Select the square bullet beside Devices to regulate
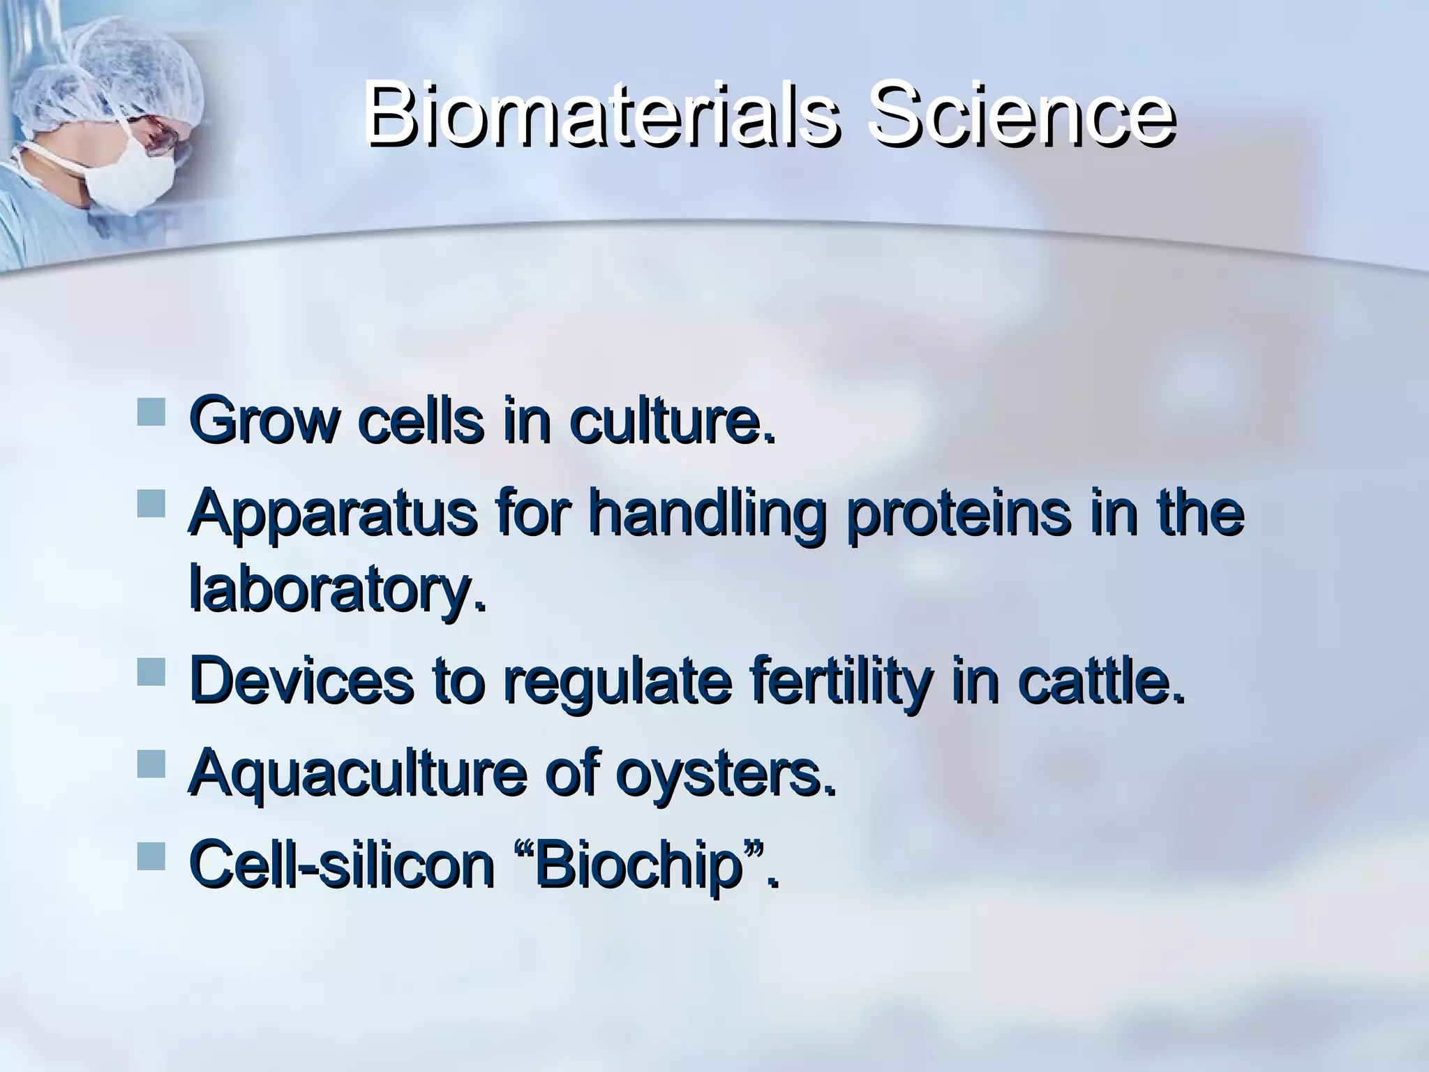pyautogui.click(x=151, y=671)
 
